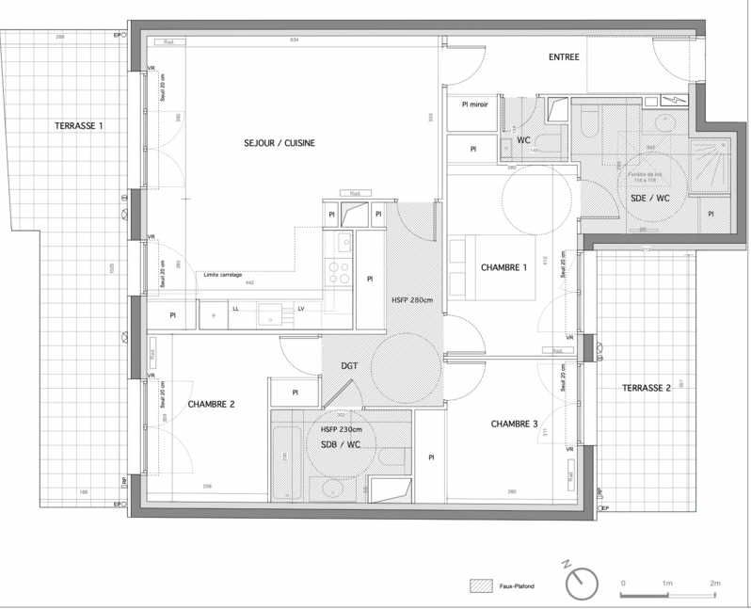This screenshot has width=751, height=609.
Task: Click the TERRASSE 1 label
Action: (79, 125)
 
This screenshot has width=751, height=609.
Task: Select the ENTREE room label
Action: (564, 57)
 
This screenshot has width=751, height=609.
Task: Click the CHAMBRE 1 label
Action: (504, 267)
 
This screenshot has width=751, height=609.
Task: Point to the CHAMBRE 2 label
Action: (211, 405)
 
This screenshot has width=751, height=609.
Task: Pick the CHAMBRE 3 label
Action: (515, 425)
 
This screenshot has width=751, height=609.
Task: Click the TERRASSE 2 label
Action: (646, 389)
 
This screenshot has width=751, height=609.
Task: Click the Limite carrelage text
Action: (223, 275)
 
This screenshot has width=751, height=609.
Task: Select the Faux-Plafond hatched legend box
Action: (480, 585)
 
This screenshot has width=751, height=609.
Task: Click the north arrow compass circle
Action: (583, 585)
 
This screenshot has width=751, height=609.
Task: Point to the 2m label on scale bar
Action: (714, 584)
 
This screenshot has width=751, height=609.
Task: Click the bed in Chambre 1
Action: (480, 268)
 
